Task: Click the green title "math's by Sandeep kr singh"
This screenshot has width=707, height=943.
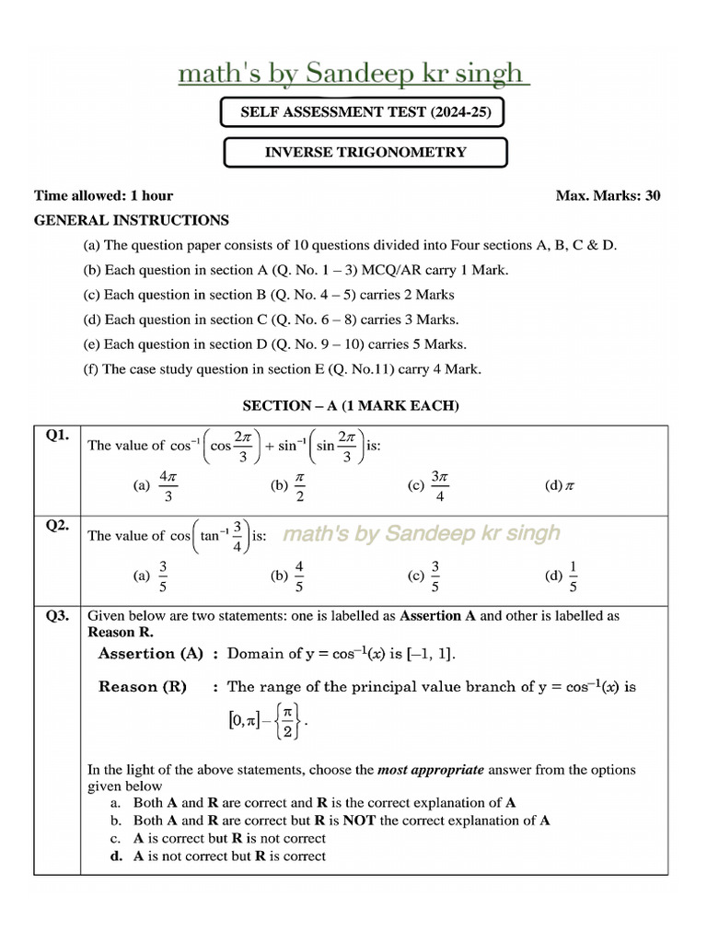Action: [x=353, y=74]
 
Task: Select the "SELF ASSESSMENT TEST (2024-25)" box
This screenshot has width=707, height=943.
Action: [x=362, y=113]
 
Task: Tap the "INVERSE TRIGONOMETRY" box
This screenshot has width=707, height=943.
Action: [x=365, y=153]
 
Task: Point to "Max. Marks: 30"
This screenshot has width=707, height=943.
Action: [x=608, y=195]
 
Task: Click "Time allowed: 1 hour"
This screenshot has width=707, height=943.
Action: [x=103, y=195]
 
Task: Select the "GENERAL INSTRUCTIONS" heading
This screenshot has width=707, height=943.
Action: [x=132, y=220]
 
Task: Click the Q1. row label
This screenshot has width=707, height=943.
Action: [x=57, y=437]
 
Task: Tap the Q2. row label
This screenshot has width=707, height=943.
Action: [x=57, y=526]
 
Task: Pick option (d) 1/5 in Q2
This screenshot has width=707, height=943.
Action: [x=563, y=576]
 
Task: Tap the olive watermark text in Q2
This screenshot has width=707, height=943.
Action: [x=421, y=534]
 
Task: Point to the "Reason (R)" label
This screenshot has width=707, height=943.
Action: [x=143, y=687]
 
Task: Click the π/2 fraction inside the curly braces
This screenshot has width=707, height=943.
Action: [x=287, y=721]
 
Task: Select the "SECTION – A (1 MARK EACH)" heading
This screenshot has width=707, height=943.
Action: [x=350, y=405]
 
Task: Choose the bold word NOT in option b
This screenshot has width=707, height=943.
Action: [x=360, y=821]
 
